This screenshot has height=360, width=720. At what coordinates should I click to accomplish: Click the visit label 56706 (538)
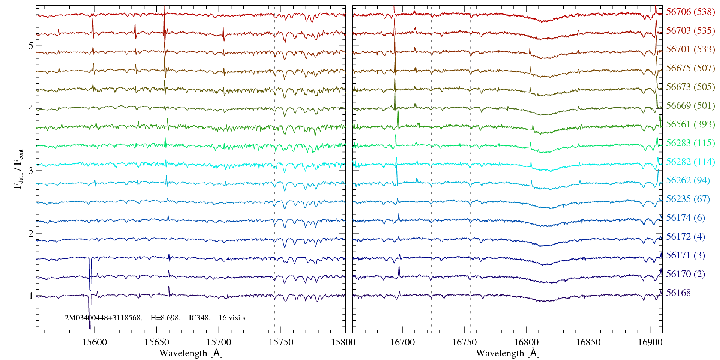pyautogui.click(x=690, y=12)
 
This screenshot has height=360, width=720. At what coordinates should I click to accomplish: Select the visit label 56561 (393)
pyautogui.click(x=690, y=124)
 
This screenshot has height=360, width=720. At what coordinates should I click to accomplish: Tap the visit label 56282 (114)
pyautogui.click(x=690, y=162)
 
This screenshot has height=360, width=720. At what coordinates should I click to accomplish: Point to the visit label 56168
pyautogui.click(x=678, y=293)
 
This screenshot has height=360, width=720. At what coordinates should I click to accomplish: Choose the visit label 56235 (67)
pyautogui.click(x=688, y=199)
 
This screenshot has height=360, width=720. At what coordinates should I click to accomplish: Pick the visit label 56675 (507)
pyautogui.click(x=690, y=68)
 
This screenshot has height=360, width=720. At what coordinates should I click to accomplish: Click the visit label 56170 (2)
pyautogui.click(x=685, y=274)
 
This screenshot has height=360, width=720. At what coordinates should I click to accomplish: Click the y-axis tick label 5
pyautogui.click(x=30, y=46)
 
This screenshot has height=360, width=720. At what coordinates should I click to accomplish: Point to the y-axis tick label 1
pyautogui.click(x=30, y=295)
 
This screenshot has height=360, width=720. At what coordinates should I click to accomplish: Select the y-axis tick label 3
pyautogui.click(x=30, y=171)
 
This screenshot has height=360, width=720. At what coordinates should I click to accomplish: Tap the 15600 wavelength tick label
pyautogui.click(x=94, y=342)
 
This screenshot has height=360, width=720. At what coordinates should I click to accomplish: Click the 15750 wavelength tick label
pyautogui.click(x=282, y=342)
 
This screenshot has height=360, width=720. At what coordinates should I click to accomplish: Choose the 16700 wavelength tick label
pyautogui.click(x=402, y=342)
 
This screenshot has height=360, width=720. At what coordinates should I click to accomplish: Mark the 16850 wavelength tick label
pyautogui.click(x=588, y=342)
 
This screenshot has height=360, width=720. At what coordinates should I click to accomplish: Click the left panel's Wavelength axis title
pyautogui.click(x=191, y=353)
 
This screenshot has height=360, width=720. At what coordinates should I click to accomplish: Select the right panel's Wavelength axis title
pyautogui.click(x=507, y=353)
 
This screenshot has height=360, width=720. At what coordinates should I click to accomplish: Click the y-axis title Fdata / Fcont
pyautogui.click(x=18, y=169)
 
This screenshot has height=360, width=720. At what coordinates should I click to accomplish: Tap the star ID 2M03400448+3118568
pyautogui.click(x=103, y=318)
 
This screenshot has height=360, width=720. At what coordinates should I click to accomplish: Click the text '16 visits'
pyautogui.click(x=232, y=318)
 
